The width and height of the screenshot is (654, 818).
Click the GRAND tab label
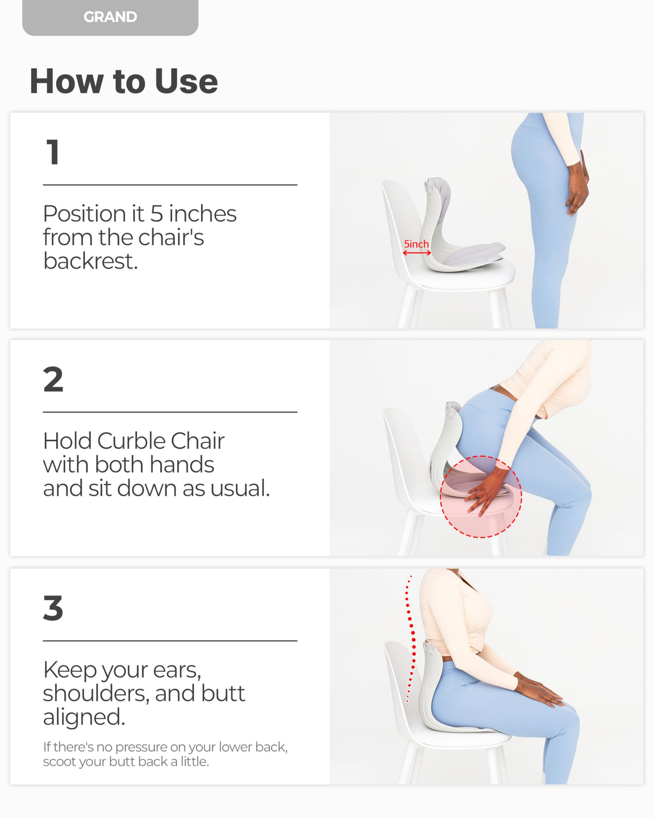coord(110,17)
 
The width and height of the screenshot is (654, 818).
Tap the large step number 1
coord(53,152)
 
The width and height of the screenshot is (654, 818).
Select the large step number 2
coord(53,379)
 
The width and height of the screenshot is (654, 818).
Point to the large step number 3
coord(53,608)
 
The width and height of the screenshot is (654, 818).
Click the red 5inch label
coord(416,244)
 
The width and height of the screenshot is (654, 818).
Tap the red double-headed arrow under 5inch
coord(416,253)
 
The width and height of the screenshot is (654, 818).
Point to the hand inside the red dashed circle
coord(488,491)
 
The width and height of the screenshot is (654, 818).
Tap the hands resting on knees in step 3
coord(539,688)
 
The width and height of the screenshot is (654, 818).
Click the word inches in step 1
coord(203,214)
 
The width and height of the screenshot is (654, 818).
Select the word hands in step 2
coord(182,465)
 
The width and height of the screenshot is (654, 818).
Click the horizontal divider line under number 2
coord(170,412)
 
